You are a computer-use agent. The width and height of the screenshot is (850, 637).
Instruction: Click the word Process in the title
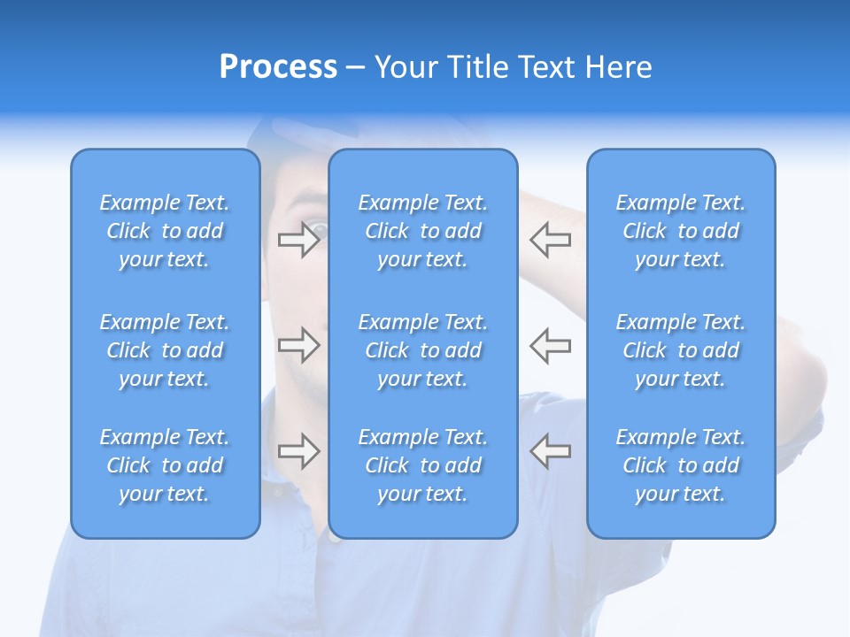click(x=278, y=67)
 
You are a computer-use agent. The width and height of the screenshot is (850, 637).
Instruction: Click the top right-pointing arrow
click(x=299, y=240)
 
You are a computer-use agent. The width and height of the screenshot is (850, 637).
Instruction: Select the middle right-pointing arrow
click(x=299, y=345)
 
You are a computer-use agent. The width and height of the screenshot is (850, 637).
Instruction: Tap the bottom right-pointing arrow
click(x=299, y=451)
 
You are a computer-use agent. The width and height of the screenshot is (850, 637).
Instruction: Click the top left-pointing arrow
click(x=550, y=240)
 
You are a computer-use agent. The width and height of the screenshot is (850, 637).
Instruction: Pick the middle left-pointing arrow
click(x=550, y=345)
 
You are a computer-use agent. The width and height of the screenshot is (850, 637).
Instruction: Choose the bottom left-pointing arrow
click(x=550, y=451)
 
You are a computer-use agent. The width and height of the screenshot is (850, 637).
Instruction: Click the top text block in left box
click(x=165, y=231)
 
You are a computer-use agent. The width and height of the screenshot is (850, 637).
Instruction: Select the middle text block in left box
click(x=165, y=350)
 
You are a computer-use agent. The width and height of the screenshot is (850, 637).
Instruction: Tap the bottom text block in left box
click(x=165, y=465)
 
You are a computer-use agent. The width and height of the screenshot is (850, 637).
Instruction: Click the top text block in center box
click(x=423, y=231)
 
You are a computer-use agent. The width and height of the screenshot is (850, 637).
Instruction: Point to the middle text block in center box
click(x=423, y=350)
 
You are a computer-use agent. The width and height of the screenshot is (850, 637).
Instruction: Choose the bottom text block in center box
click(x=423, y=465)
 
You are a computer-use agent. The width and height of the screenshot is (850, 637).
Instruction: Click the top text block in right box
click(x=681, y=231)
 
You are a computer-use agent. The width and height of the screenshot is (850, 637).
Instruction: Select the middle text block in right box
click(x=681, y=350)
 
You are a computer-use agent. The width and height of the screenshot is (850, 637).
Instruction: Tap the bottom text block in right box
click(x=681, y=465)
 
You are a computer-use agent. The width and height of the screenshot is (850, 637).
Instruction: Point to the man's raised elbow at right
click(x=806, y=372)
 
